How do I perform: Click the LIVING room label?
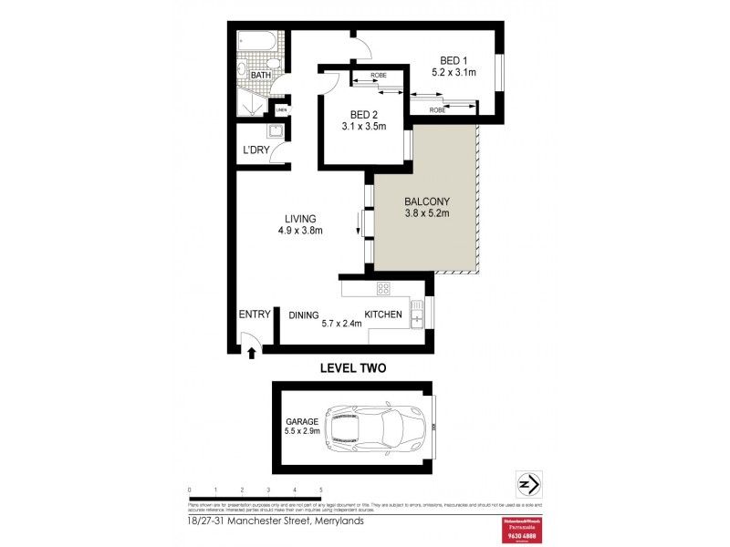[x=299, y=219]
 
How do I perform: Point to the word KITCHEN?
[x=383, y=315]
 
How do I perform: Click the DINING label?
[x=303, y=315]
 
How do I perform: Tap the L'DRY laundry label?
[x=255, y=150]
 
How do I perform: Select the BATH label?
[x=261, y=77]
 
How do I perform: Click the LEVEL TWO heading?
[x=352, y=368]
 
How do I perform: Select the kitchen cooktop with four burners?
[x=384, y=289]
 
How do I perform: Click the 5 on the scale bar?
[x=320, y=490]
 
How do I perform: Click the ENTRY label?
[x=255, y=315]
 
